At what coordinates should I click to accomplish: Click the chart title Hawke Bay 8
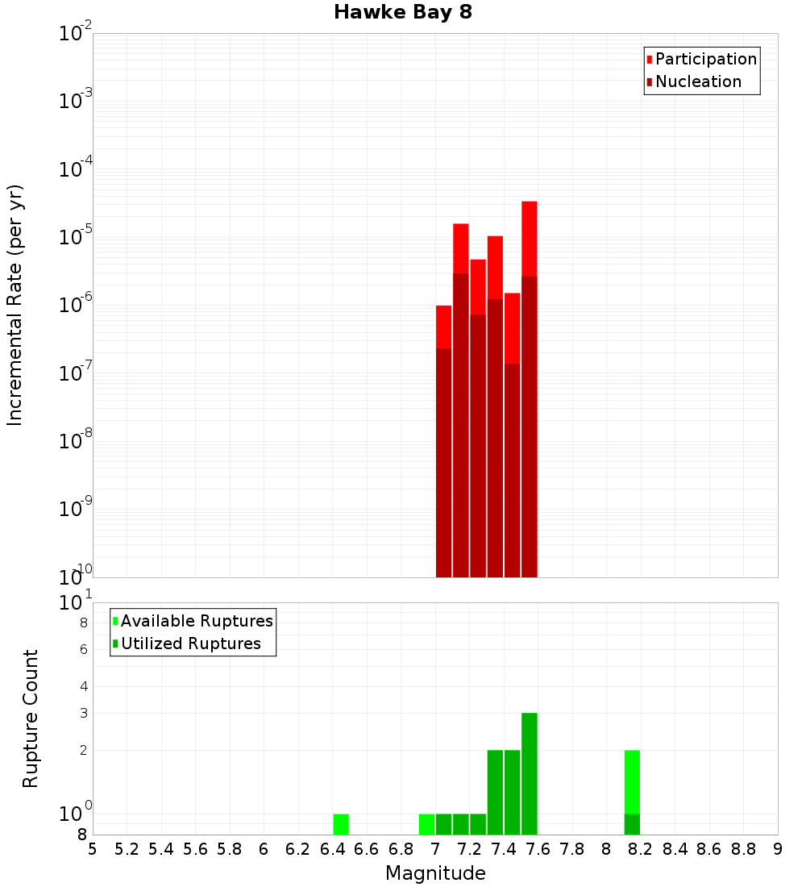(402, 12)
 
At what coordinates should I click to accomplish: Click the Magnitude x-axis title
(435, 873)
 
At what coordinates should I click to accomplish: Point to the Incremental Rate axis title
(15, 305)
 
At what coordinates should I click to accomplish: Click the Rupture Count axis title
(31, 718)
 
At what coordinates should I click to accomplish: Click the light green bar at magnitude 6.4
(341, 824)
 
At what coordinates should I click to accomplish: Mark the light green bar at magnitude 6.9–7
(426, 824)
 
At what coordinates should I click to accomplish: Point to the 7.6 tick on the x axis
(538, 848)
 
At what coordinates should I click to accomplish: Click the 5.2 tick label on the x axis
(127, 848)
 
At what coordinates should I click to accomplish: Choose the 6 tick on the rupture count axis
(83, 649)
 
